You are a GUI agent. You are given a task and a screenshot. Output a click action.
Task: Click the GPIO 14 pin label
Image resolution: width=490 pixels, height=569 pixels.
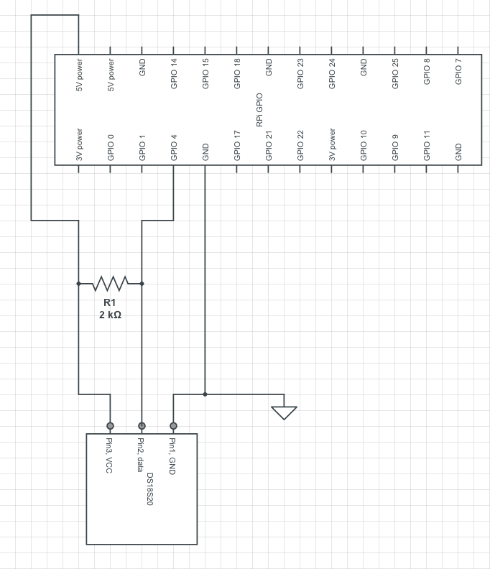pyautogui.click(x=174, y=74)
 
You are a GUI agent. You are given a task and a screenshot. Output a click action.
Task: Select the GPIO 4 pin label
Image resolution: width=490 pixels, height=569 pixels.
pyautogui.click(x=174, y=148)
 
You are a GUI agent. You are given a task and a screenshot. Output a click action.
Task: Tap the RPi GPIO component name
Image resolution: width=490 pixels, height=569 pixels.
pyautogui.click(x=259, y=110)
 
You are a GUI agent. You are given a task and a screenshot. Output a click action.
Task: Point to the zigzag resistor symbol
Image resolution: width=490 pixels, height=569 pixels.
pyautogui.click(x=111, y=283)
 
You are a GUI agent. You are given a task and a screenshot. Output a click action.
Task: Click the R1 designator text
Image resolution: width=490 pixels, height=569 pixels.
pyautogui.click(x=110, y=302)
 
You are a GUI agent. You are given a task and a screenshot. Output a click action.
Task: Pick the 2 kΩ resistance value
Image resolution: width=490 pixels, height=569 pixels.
pyautogui.click(x=111, y=315)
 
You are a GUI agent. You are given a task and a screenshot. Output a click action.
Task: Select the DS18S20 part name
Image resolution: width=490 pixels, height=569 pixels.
pyautogui.click(x=150, y=489)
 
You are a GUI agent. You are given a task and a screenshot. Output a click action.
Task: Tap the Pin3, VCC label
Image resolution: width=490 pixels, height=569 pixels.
pyautogui.click(x=109, y=455)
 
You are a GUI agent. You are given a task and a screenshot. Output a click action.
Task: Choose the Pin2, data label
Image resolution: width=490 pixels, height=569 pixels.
pyautogui.click(x=141, y=455)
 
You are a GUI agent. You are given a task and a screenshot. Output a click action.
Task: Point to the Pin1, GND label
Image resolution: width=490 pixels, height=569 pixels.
pyautogui.click(x=172, y=456)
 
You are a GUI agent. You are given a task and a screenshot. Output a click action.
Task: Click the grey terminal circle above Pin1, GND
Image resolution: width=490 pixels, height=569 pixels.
pyautogui.click(x=173, y=425)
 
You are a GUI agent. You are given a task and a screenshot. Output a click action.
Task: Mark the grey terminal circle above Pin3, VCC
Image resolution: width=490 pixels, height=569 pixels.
pyautogui.click(x=111, y=425)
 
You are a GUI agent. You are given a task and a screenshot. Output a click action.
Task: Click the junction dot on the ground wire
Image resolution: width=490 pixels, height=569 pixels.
pyautogui.click(x=205, y=394)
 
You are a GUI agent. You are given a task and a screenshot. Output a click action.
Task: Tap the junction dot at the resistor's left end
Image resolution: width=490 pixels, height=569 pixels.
pyautogui.click(x=78, y=283)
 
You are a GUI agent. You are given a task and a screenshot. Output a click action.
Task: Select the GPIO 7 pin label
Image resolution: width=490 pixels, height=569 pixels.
pyautogui.click(x=458, y=72)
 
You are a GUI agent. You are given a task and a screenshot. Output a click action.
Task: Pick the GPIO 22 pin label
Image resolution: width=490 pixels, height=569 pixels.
pyautogui.click(x=300, y=146)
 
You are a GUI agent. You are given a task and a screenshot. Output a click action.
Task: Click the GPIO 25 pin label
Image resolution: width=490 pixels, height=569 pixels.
pyautogui.click(x=395, y=74)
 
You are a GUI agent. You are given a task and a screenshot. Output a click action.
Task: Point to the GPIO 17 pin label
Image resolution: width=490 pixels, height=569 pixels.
pyautogui.click(x=237, y=146)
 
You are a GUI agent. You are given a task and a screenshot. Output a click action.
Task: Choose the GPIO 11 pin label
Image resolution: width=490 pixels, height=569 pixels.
pyautogui.click(x=427, y=146)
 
